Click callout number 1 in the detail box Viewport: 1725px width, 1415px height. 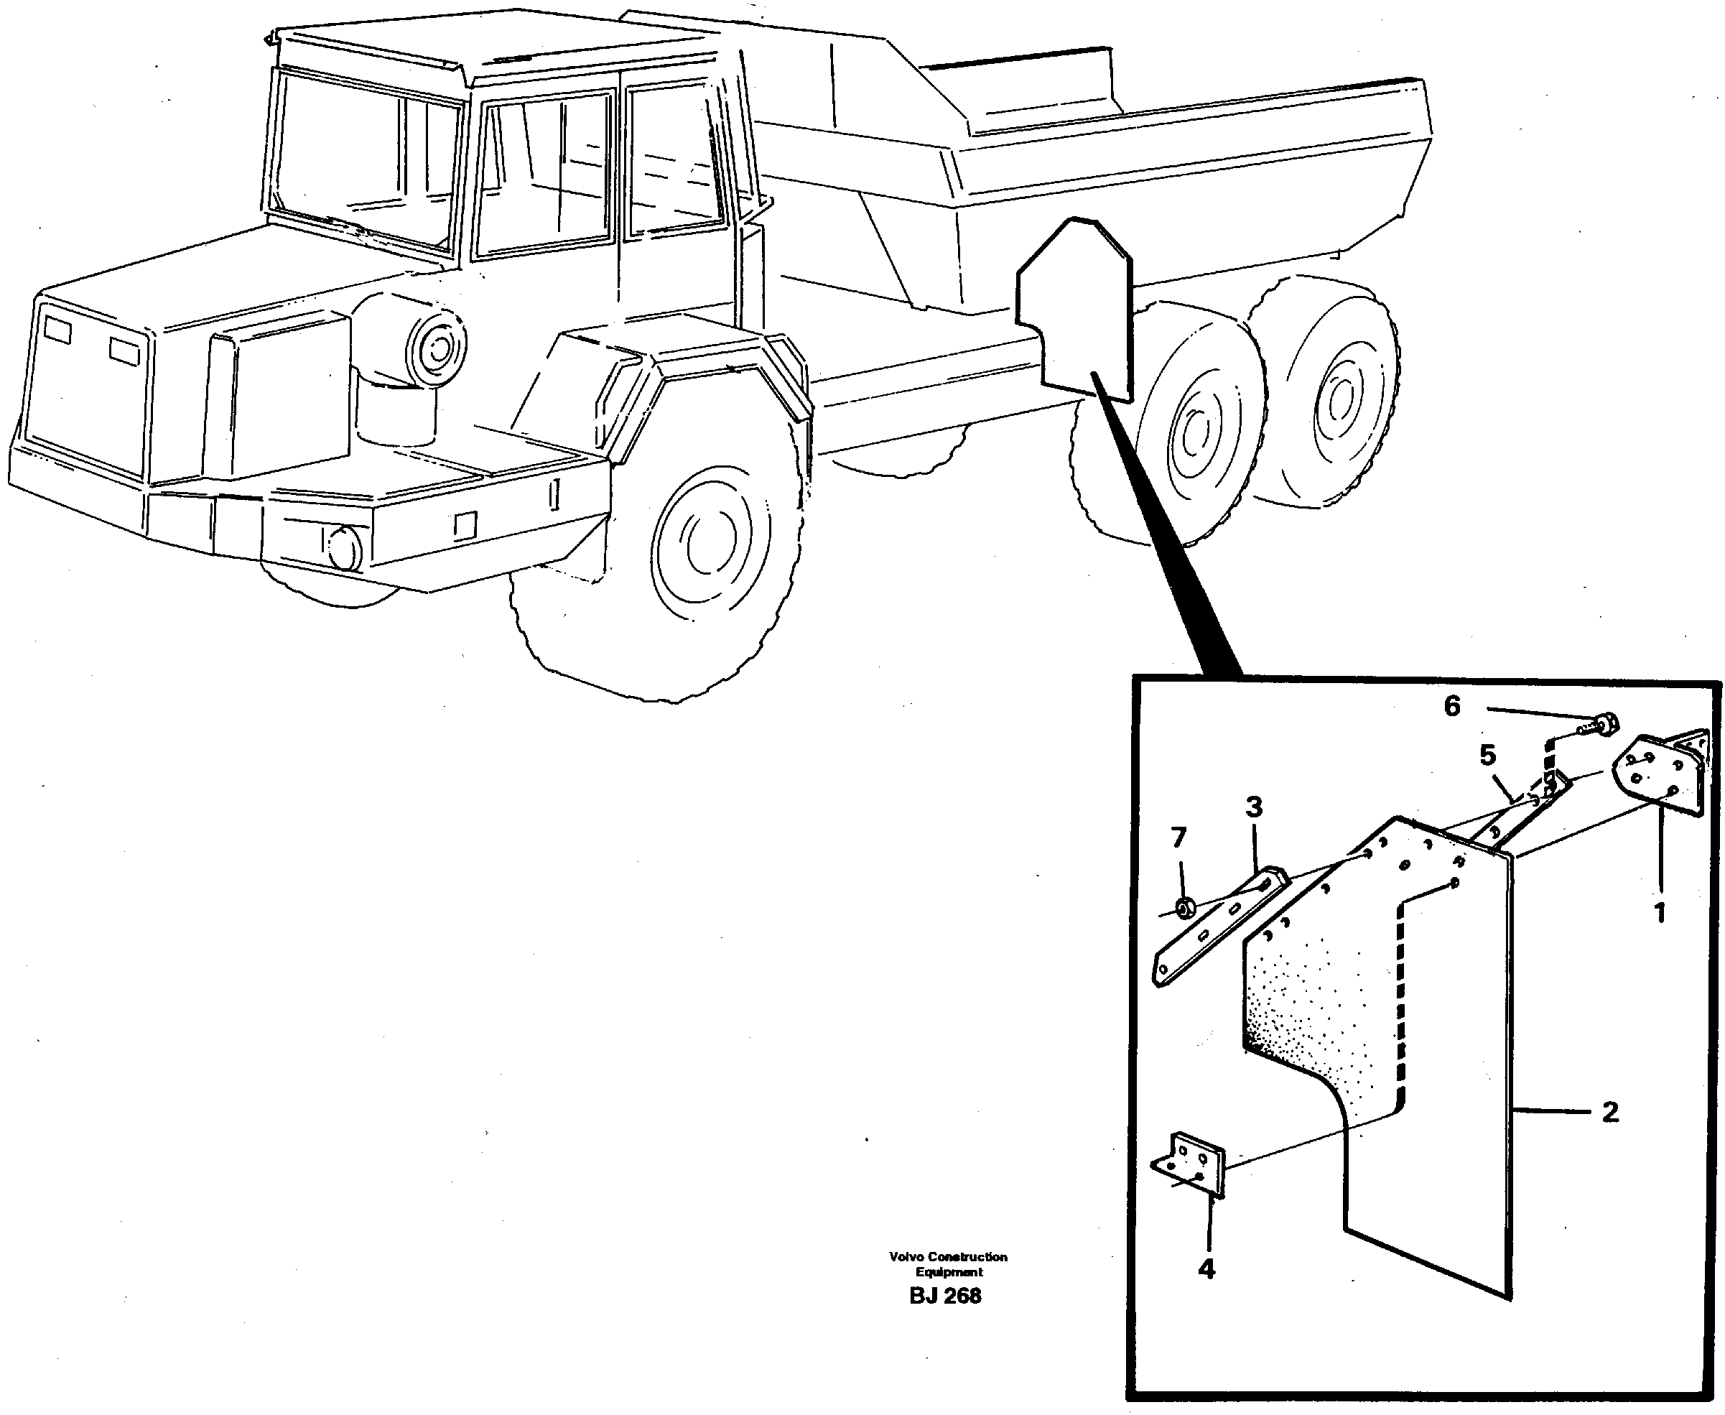(1660, 912)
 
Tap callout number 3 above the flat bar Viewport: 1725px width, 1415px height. (1254, 807)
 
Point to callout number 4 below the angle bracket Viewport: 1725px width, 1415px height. (1206, 1269)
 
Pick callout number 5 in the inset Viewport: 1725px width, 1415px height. (1487, 756)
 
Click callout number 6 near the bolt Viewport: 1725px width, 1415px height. (1452, 706)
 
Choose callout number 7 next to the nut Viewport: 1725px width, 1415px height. (1178, 837)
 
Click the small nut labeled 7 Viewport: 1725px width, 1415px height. (1186, 905)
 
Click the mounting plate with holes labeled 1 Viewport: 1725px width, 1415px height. (1658, 775)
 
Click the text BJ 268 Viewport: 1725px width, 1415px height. (945, 1295)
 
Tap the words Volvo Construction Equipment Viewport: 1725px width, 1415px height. (948, 1264)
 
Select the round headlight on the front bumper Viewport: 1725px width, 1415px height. (344, 549)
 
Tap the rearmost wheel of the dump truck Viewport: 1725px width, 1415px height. (1324, 392)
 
